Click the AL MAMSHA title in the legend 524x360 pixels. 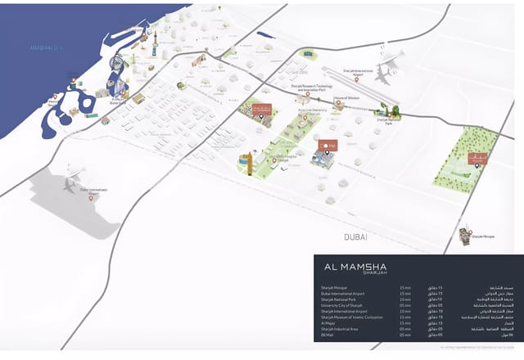[356, 266]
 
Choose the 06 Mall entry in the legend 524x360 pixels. [329, 335]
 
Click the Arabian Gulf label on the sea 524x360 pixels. [47, 47]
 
